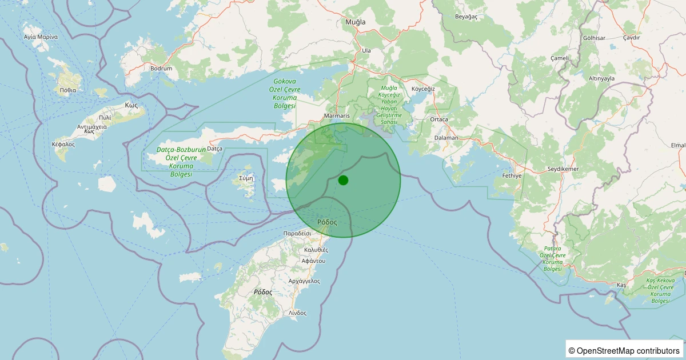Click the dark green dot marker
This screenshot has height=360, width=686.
click(x=343, y=180)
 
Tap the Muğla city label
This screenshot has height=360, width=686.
click(x=355, y=22)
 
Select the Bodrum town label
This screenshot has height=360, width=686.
click(x=161, y=69)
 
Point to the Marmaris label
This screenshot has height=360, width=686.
click(x=336, y=115)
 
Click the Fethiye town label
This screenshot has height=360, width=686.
click(x=512, y=175)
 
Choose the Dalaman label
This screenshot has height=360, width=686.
click(x=446, y=138)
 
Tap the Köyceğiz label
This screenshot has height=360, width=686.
click(x=424, y=89)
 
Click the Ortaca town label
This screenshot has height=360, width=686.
click(x=439, y=119)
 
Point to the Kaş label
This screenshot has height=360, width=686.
click(x=622, y=285)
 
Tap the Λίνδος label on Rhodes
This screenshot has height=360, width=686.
click(x=297, y=313)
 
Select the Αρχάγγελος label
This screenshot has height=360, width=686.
click(x=304, y=281)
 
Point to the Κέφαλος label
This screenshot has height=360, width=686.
click(x=63, y=145)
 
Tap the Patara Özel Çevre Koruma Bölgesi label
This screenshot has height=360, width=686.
click(x=553, y=258)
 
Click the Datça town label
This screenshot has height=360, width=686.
click(x=214, y=149)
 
